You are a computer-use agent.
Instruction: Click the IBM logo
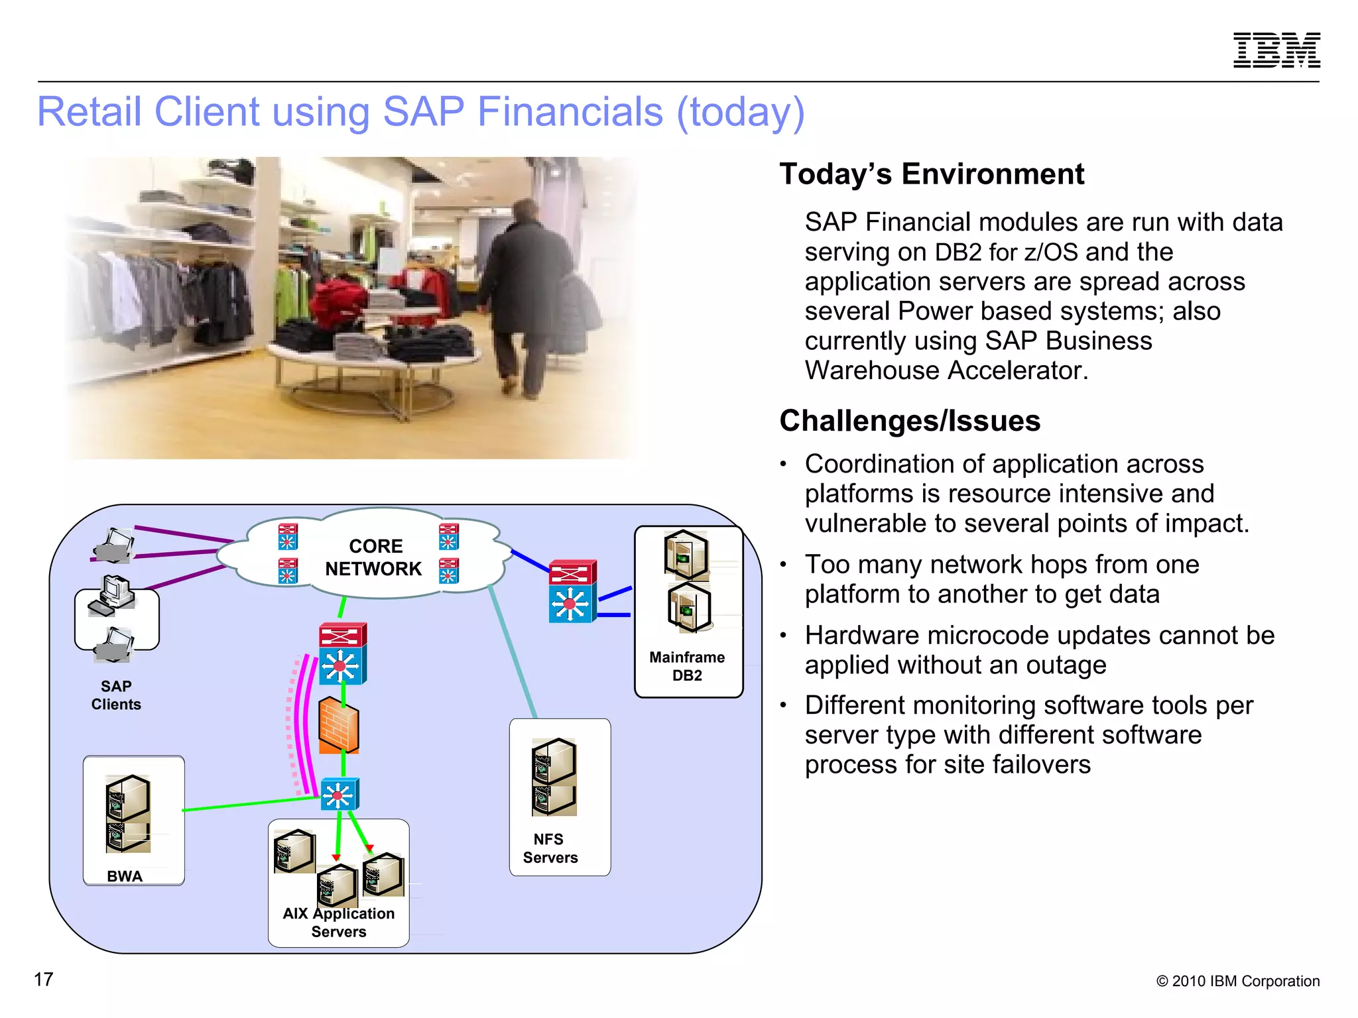(1276, 50)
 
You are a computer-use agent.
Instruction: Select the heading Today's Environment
(931, 174)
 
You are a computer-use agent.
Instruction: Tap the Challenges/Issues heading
(909, 421)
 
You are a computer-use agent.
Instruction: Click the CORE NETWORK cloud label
(374, 557)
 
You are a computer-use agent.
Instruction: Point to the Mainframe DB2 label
(687, 666)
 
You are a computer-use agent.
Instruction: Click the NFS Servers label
(550, 848)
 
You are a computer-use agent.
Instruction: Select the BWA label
(125, 876)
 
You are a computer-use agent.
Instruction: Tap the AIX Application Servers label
(339, 923)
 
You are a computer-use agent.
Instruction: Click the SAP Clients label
(116, 695)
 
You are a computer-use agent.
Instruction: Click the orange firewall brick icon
(339, 725)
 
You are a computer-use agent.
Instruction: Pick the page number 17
(44, 980)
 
